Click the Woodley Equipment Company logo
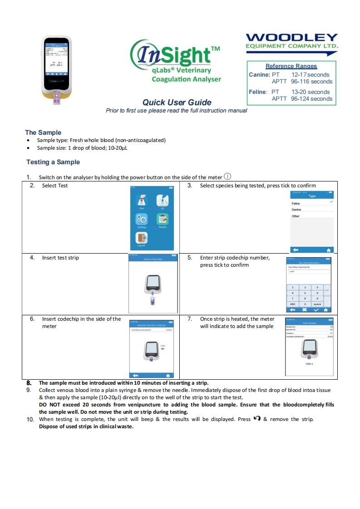(292, 41)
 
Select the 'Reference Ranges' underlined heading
(291, 66)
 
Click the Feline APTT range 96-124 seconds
(311, 98)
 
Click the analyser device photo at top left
(57, 69)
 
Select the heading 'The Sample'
(43, 132)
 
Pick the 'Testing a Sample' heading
(53, 162)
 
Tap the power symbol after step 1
(228, 176)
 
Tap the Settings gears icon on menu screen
(141, 219)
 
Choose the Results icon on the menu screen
(163, 219)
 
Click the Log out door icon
(141, 238)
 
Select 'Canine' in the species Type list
(296, 210)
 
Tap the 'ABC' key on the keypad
(293, 304)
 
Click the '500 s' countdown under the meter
(310, 363)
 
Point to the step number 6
(32, 319)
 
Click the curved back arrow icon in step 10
(257, 419)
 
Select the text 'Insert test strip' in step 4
(60, 258)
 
